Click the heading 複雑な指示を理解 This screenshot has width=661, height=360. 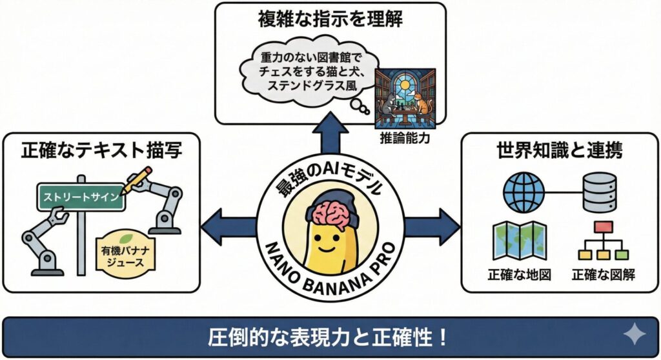tap(330, 19)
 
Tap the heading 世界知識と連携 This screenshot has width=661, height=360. tap(559, 151)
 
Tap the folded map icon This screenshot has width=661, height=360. tap(519, 241)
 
